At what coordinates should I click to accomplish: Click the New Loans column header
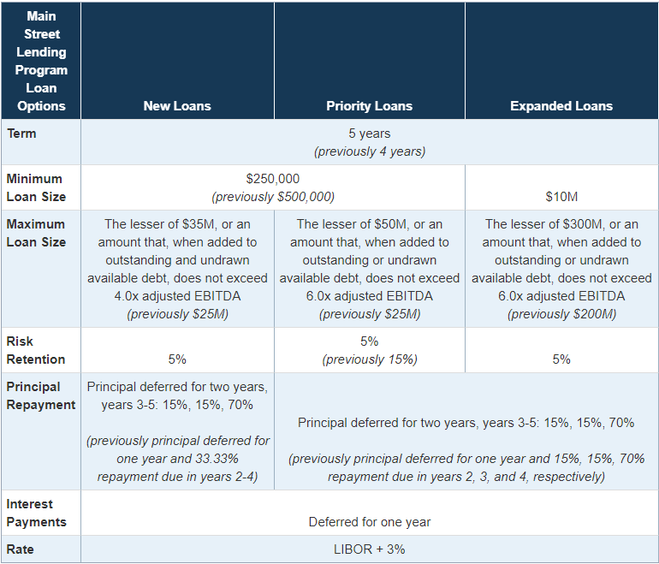point(177,106)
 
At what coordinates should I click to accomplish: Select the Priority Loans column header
point(369,106)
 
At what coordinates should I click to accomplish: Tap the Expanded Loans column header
point(561,106)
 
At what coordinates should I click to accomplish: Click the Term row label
point(21,134)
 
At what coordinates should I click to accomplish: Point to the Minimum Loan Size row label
point(36,187)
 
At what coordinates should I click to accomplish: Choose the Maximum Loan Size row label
point(36,233)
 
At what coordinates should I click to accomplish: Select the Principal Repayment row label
point(40,395)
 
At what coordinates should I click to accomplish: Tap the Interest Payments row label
point(36,513)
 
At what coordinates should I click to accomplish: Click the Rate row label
point(21,549)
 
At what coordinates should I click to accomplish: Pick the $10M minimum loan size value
point(561,197)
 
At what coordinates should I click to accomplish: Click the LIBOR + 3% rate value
point(370,549)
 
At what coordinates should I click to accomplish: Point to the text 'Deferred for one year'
point(370,522)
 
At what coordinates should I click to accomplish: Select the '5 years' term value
point(370,134)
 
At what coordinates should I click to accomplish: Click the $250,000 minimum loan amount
point(273,179)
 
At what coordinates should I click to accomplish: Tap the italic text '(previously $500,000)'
point(273,197)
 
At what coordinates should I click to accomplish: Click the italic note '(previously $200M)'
point(561,314)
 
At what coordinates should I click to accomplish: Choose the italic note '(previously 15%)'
point(370,359)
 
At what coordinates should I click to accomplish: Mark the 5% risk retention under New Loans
point(177,359)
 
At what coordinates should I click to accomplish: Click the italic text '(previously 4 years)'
point(370,151)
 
